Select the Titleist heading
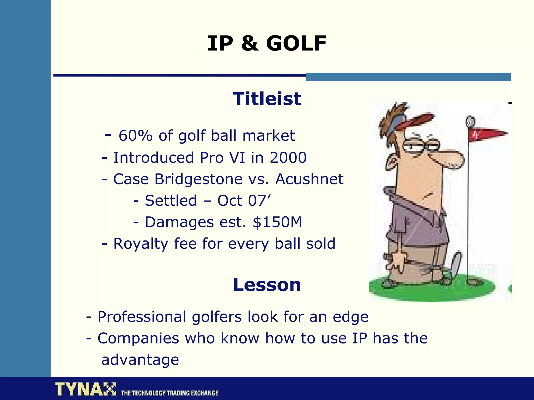coord(267,99)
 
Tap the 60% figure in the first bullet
coord(135,136)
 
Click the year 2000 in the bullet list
coord(288,158)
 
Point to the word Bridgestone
coord(198,179)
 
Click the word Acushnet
coord(309,179)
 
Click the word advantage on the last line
coord(140,360)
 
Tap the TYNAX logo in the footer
coord(85,389)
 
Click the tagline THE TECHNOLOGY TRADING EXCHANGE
coord(169,393)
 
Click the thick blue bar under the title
coord(408,77)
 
